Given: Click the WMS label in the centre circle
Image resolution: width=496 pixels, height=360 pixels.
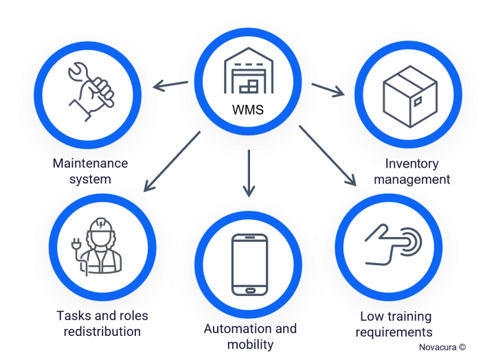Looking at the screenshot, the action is tap(248, 110).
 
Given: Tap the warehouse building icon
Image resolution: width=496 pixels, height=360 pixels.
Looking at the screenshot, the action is tap(249, 70).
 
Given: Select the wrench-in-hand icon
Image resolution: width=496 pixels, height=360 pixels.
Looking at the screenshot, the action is tap(92, 91).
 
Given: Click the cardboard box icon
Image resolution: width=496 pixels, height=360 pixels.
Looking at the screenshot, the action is tap(410, 96).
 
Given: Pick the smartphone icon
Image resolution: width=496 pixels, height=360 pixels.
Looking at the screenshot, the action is tap(250, 265).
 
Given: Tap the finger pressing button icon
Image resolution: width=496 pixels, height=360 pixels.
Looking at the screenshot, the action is tap(393, 245).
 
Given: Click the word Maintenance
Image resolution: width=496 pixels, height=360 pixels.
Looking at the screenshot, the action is tap(90, 164).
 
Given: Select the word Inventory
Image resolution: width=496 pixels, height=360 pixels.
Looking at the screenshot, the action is tap(412, 164).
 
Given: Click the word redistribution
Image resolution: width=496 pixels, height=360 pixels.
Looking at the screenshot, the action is tap(102, 332).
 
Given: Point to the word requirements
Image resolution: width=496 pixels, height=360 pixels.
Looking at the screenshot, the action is tap(394, 333).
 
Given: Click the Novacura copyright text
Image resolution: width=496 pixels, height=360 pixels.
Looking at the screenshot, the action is tap(442, 347).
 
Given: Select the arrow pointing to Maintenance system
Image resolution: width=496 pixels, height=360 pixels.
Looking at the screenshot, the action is tap(170, 85).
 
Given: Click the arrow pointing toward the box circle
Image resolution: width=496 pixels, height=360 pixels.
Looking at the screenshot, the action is tap(328, 90).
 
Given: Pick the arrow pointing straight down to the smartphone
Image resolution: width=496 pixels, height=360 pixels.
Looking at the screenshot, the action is tap(249, 173).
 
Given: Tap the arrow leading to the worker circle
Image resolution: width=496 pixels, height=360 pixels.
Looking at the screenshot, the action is tap(172, 161).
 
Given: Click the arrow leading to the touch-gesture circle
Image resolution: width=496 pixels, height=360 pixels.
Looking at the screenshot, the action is tap(328, 156).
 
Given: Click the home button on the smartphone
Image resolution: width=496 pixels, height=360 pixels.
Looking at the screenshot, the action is tap(250, 291).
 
